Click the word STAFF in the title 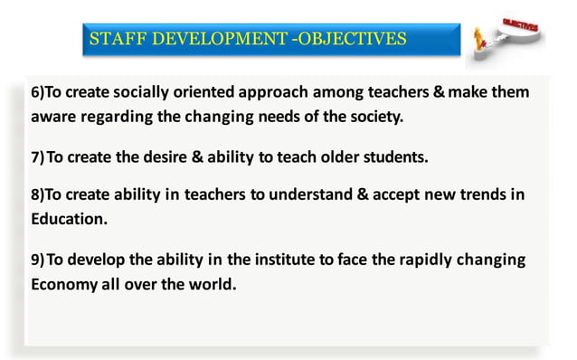click(118, 39)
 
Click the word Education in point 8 click(69, 220)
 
